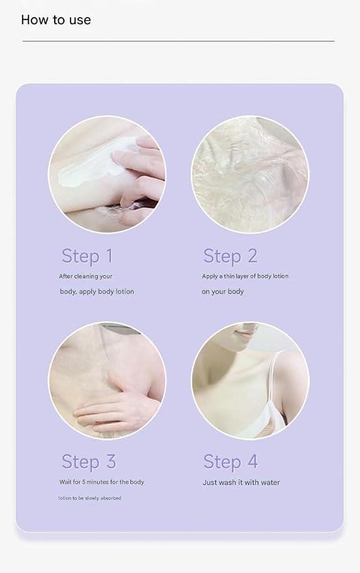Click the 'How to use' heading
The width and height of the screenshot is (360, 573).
56,20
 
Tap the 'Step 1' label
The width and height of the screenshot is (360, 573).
87,256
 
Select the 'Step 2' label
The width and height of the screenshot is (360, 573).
230,256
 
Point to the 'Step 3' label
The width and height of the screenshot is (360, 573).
89,462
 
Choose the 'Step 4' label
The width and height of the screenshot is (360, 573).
231,462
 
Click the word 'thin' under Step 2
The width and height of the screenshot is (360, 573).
229,276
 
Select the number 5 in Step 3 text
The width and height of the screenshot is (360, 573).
83,482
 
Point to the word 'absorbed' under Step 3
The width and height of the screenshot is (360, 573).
111,498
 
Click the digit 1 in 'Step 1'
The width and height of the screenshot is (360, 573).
110,256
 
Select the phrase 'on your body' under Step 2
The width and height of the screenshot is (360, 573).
222,291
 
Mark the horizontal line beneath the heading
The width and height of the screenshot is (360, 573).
178,41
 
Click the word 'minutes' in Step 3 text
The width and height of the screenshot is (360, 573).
98,482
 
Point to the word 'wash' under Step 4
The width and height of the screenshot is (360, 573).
228,482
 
